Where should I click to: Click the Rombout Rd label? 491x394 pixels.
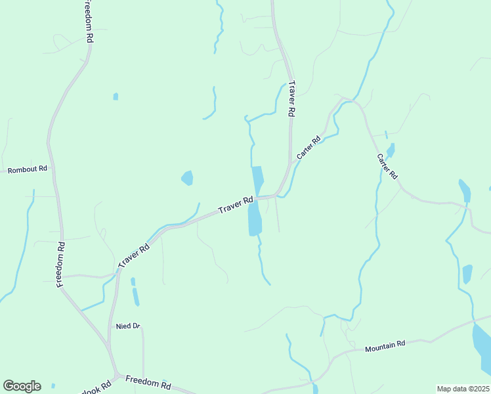[27, 169]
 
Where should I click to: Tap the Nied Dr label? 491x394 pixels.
[128, 326]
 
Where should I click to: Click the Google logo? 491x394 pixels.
[22, 386]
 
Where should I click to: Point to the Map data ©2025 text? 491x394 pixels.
[463, 389]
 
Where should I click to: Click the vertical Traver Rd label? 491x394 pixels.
[291, 98]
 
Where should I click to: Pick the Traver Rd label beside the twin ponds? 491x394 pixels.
[236, 205]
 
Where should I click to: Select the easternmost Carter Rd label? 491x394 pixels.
[387, 167]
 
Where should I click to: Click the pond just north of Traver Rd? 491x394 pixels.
[257, 178]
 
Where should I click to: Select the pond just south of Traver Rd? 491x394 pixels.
[255, 219]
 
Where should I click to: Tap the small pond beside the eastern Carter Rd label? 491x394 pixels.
[391, 151]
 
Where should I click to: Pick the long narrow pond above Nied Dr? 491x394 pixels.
[136, 297]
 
